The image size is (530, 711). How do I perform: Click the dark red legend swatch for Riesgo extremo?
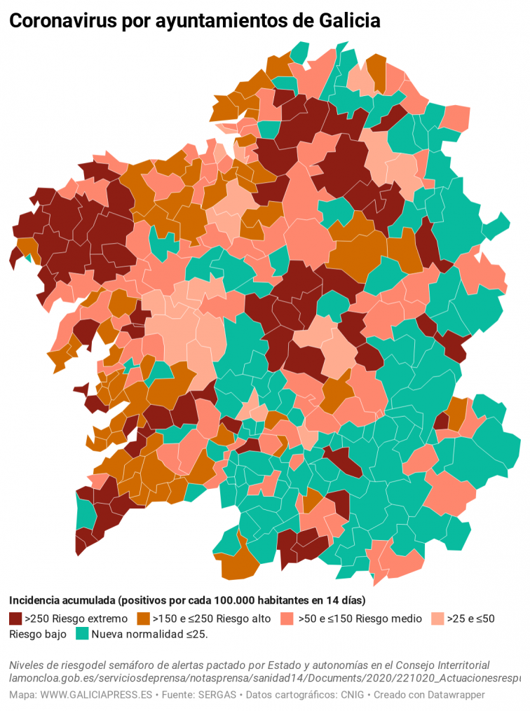pyautogui.click(x=15, y=619)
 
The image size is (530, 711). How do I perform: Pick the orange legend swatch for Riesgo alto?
pyautogui.click(x=143, y=619)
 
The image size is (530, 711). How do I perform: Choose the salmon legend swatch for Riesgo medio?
pyautogui.click(x=286, y=619)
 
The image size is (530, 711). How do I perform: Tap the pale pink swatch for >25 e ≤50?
pyautogui.click(x=437, y=619)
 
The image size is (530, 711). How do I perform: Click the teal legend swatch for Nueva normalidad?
pyautogui.click(x=82, y=634)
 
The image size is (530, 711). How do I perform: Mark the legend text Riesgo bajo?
pyautogui.click(x=38, y=634)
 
